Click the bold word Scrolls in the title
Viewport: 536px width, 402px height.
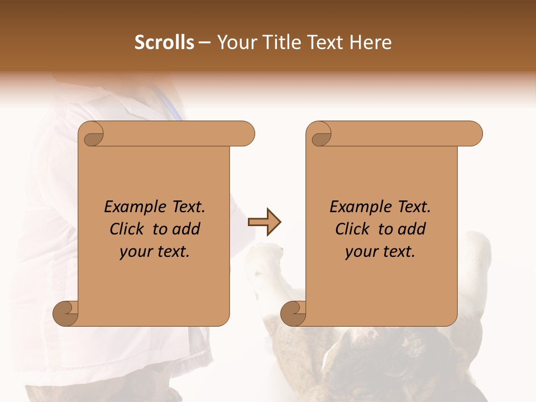click(164, 42)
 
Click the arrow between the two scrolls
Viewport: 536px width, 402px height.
click(264, 222)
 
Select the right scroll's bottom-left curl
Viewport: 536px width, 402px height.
click(294, 313)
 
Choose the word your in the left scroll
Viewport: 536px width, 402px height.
click(135, 252)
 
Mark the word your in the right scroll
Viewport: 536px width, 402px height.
click(360, 252)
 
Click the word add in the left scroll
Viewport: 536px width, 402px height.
click(188, 229)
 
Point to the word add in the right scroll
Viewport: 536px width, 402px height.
click(413, 229)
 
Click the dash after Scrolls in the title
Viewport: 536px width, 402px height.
click(204, 43)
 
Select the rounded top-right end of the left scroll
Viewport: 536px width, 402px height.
click(246, 134)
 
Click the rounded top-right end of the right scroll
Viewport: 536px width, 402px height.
click(473, 134)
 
